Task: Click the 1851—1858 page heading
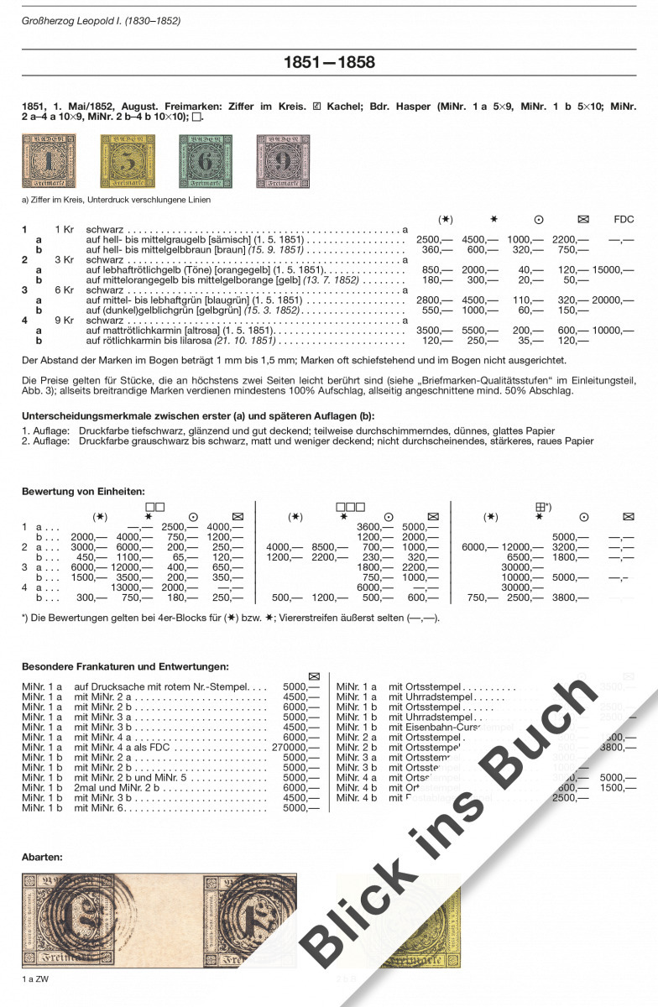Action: [329, 63]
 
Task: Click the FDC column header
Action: [624, 220]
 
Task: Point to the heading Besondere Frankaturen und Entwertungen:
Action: [125, 666]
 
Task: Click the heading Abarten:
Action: [42, 857]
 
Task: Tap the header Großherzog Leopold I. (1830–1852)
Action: [101, 20]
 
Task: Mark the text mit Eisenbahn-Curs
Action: [436, 728]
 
